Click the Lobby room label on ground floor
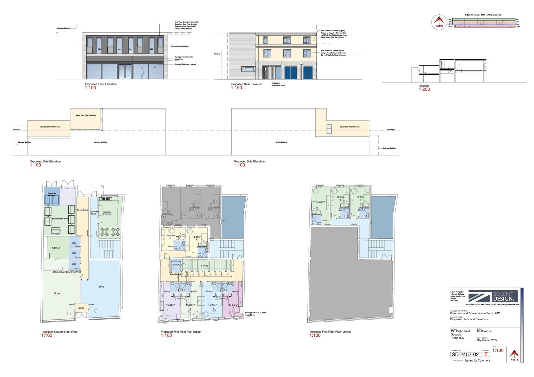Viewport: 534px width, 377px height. tap(81, 308)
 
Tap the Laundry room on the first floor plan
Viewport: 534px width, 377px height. tap(176, 265)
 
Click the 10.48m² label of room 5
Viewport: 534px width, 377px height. tap(171, 236)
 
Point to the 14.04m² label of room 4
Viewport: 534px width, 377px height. tap(233, 305)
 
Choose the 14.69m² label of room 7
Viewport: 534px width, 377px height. tap(320, 202)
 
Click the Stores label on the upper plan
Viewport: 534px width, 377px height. tap(204, 266)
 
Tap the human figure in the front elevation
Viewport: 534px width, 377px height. tap(142, 73)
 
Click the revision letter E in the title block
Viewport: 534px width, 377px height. tap(486, 355)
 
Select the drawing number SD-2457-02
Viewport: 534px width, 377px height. tap(465, 355)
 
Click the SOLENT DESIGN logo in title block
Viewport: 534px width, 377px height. tap(493, 296)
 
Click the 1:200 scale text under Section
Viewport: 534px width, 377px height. tap(425, 89)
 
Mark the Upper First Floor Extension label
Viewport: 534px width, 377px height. tap(86, 115)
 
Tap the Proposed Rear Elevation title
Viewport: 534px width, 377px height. tap(247, 84)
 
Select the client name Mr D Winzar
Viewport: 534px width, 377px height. tap(485, 331)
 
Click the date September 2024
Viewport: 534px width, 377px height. tap(487, 340)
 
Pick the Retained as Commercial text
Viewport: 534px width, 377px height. tap(65, 272)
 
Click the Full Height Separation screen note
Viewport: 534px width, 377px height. tap(278, 84)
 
